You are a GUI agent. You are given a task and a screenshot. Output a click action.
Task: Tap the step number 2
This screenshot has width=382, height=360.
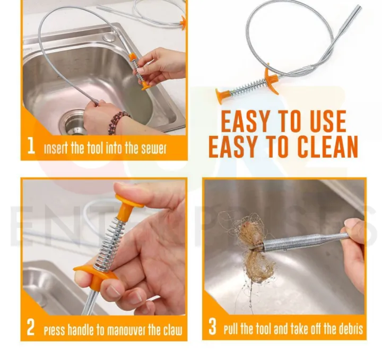point(31,328)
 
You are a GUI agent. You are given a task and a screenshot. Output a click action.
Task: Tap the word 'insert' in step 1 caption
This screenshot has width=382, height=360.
point(55,148)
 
